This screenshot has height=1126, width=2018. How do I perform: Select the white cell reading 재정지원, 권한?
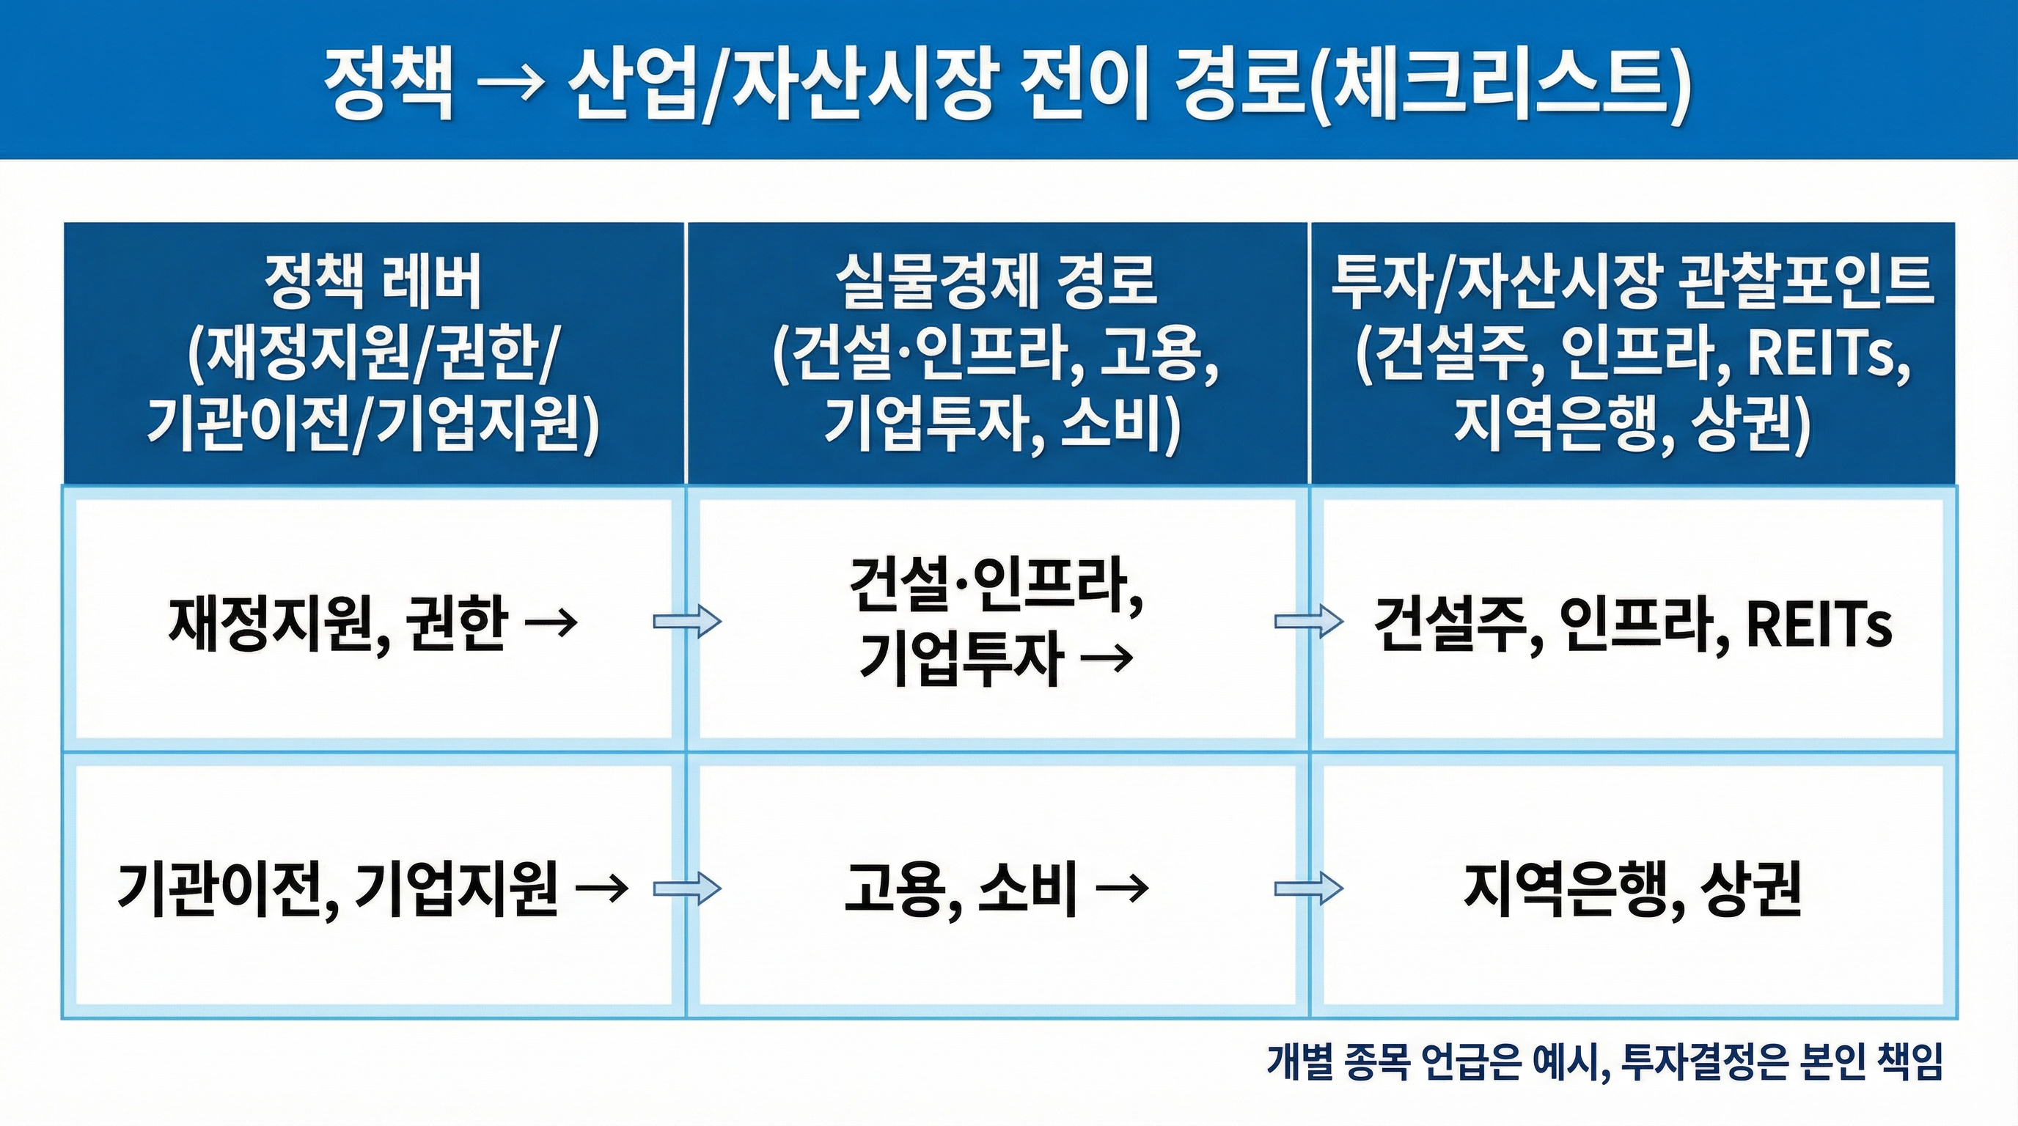pos(373,623)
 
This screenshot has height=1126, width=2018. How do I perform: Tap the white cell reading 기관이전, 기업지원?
pos(373,888)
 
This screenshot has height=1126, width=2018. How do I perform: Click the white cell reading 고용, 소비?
pos(996,888)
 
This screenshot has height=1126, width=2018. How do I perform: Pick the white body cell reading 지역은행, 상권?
pos(1632,888)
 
